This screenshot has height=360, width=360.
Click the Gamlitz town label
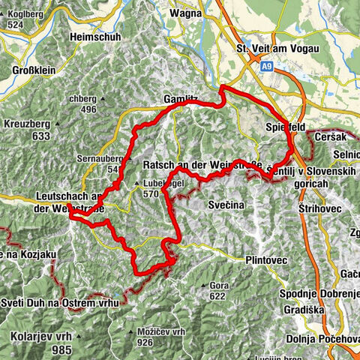(x=180, y=99)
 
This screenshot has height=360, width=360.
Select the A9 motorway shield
(x=268, y=67)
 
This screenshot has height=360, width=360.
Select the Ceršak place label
(x=330, y=139)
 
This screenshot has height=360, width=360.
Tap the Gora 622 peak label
(x=218, y=291)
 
